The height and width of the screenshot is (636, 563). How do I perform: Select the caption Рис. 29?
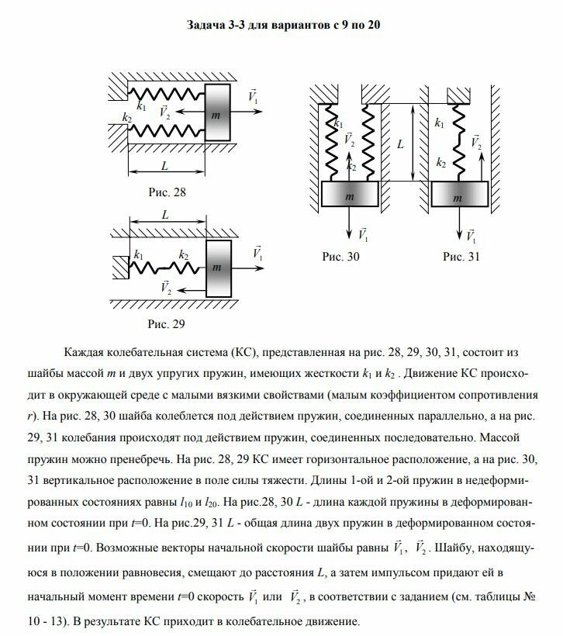(167, 323)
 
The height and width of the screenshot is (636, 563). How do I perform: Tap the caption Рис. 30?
(341, 256)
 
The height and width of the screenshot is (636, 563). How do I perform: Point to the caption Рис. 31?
(461, 256)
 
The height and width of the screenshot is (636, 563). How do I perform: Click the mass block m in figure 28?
(216, 113)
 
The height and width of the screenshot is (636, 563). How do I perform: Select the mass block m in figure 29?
(218, 266)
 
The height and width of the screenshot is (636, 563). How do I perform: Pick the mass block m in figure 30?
(349, 197)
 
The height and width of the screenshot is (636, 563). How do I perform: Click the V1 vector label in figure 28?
(253, 98)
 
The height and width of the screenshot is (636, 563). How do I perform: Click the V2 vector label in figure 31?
(475, 142)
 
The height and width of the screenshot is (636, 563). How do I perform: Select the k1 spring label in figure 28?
(140, 106)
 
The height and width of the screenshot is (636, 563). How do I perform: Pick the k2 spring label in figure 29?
(184, 254)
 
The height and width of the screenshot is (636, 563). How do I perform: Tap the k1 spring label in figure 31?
(440, 123)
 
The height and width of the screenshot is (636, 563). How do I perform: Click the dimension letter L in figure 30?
(400, 144)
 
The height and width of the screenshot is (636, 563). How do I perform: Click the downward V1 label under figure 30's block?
(364, 233)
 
